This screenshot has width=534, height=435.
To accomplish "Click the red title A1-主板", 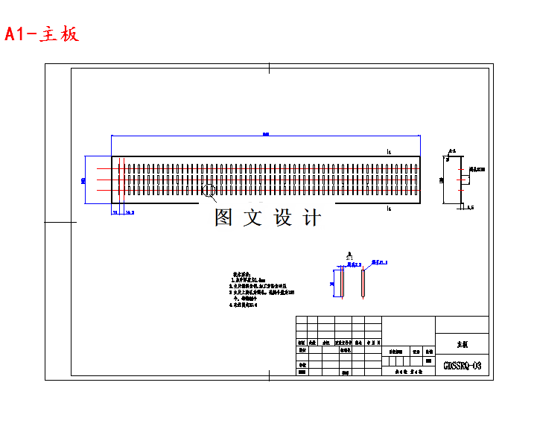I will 42,34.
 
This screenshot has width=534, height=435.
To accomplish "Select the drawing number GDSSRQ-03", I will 462,366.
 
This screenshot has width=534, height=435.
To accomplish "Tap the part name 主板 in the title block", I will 462,345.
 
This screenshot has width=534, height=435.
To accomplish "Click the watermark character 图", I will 224,217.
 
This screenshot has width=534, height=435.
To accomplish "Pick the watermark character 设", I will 285,217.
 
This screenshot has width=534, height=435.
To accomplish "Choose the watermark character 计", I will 314,217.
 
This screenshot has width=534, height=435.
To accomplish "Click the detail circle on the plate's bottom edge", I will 209,191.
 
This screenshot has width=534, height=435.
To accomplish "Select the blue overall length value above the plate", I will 265,134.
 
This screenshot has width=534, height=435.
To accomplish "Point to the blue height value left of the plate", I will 83,180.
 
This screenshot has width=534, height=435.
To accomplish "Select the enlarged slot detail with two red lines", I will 339,283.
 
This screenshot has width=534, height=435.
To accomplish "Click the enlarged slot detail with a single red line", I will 362,283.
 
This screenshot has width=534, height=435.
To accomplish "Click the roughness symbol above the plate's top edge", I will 389,152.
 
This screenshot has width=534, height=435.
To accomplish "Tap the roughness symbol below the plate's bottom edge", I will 389,209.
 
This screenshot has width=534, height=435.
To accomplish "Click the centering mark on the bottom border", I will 268,376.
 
